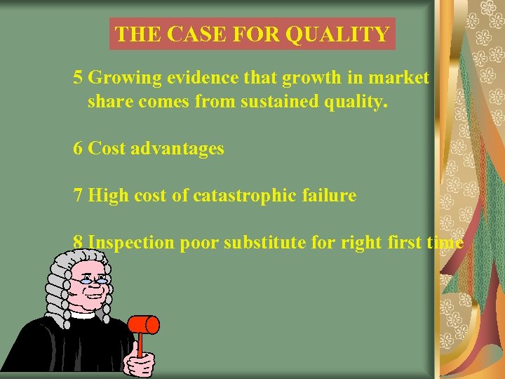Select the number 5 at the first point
(x=78, y=78)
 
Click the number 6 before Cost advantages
(x=78, y=148)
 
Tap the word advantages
(x=178, y=148)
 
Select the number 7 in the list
(x=78, y=195)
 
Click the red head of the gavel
(x=146, y=324)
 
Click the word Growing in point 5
(x=120, y=78)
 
